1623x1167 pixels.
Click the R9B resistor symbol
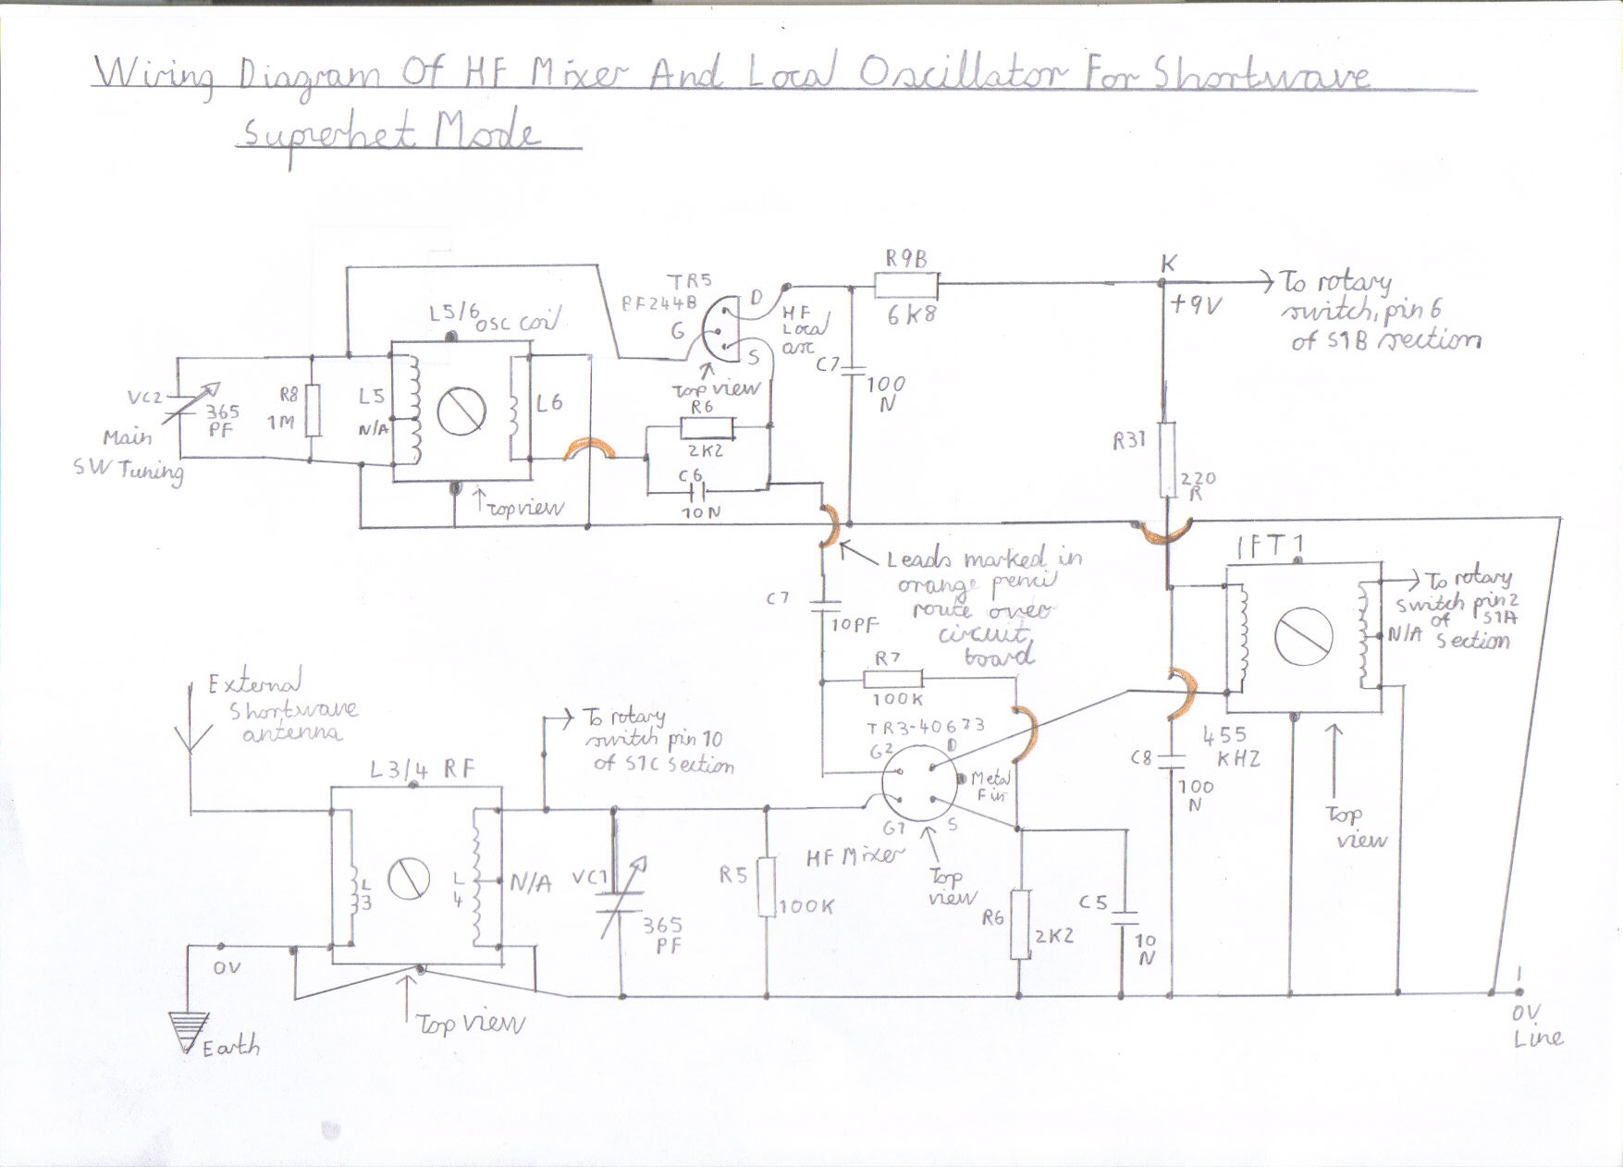pos(906,285)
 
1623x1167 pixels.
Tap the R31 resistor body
pos(1167,460)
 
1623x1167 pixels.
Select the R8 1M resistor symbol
pos(313,410)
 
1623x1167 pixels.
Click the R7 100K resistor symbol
pos(892,680)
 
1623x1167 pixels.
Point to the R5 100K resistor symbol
pos(766,887)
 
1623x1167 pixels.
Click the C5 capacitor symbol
pos(1125,918)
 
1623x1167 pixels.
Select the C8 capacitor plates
pos(1171,761)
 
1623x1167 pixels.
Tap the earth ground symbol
pos(189,1030)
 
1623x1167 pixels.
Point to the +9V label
pos(1196,304)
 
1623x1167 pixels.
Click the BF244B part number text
pos(658,302)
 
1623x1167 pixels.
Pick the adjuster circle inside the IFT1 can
pos(1303,636)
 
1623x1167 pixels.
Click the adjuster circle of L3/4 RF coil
pos(408,878)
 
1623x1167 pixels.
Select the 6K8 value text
pos(911,315)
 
